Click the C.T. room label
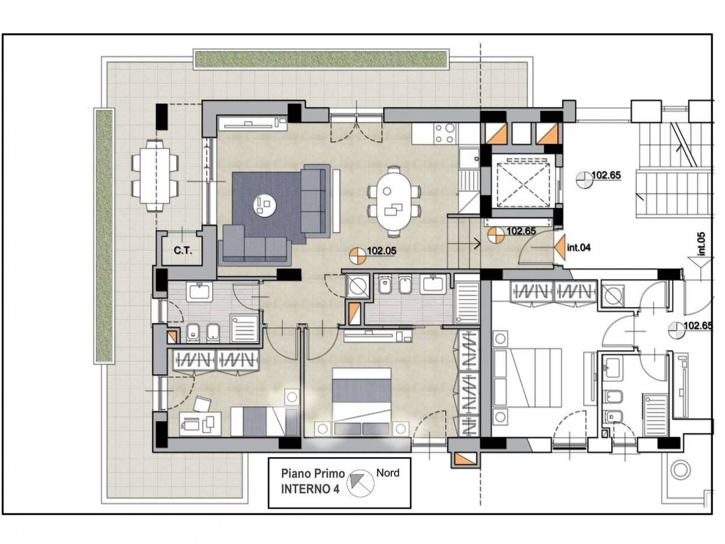[182, 250]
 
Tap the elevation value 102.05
[382, 250]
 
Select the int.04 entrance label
[579, 248]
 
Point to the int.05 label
[702, 244]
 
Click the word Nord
[388, 473]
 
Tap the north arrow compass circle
[361, 483]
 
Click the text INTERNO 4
[310, 489]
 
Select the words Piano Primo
[313, 474]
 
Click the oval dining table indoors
[394, 202]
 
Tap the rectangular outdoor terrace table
[155, 176]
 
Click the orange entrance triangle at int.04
[560, 247]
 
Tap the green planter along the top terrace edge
[322, 59]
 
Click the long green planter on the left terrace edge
[104, 236]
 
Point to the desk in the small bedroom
[200, 424]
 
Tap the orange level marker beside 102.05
[358, 256]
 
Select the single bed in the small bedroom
[264, 422]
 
